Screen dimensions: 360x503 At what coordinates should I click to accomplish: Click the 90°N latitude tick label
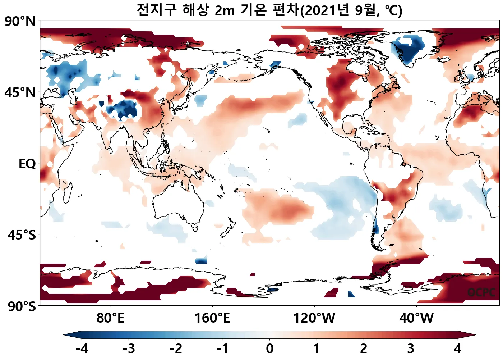point(20,22)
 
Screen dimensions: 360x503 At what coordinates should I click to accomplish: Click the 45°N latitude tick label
point(20,92)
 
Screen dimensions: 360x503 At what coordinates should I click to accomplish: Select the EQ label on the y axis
point(27,164)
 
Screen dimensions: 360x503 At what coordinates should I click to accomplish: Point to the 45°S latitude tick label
point(22,235)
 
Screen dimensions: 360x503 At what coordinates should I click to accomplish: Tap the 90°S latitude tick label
point(22,307)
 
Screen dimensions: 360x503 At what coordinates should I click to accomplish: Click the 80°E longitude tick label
point(110,318)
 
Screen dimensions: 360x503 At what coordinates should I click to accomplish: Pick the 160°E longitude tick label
point(212,318)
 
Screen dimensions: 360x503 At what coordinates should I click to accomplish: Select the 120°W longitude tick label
point(314,318)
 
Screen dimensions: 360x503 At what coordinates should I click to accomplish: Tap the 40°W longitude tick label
point(416,318)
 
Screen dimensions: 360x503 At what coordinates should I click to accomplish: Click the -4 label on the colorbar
point(82,348)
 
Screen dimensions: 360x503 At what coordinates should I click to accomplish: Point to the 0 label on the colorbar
point(269,348)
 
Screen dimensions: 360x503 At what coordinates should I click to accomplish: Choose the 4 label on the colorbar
point(457,348)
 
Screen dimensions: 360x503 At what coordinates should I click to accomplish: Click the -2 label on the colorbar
point(176,348)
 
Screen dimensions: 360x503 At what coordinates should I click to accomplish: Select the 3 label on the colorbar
point(410,348)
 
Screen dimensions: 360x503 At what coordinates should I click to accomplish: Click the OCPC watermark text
point(481,292)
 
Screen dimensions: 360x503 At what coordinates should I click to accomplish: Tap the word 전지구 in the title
point(156,10)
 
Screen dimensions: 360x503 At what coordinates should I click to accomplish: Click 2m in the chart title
point(225,10)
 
